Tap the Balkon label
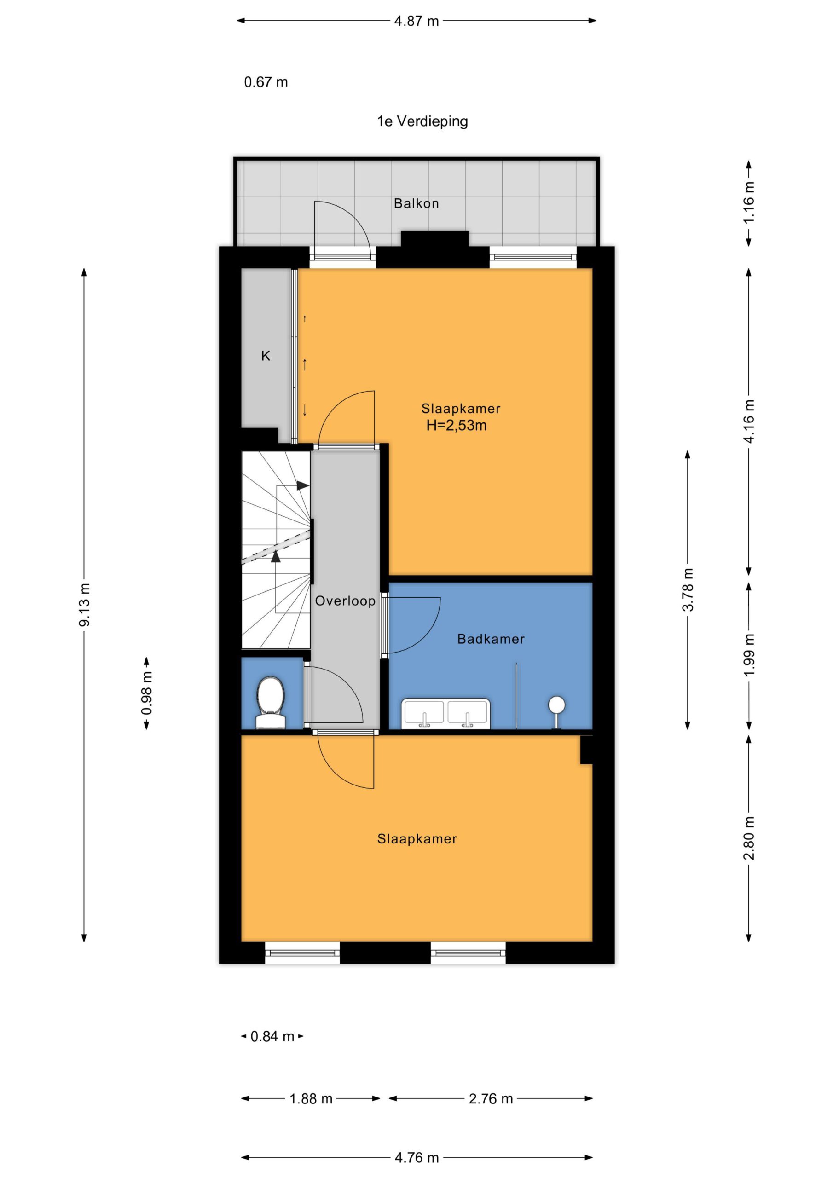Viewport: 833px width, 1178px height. tap(416, 204)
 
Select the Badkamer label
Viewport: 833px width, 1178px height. tap(491, 639)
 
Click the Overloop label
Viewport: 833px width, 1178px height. tap(345, 601)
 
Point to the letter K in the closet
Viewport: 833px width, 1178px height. tap(266, 356)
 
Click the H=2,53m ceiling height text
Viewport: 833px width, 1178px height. tap(456, 425)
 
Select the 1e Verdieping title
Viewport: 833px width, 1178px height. tap(422, 121)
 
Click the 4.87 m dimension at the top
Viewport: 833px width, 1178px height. tap(416, 21)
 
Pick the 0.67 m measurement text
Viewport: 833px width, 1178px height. tap(266, 82)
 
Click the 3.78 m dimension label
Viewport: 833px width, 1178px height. tap(688, 589)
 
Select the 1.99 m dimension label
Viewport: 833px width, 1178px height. tap(749, 655)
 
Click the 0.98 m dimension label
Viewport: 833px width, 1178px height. tap(147, 693)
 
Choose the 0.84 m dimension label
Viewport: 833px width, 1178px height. tap(272, 1036)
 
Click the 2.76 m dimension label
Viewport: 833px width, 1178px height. tap(491, 1098)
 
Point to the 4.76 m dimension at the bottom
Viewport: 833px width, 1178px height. tap(416, 1157)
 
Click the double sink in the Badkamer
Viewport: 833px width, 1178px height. tap(445, 713)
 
